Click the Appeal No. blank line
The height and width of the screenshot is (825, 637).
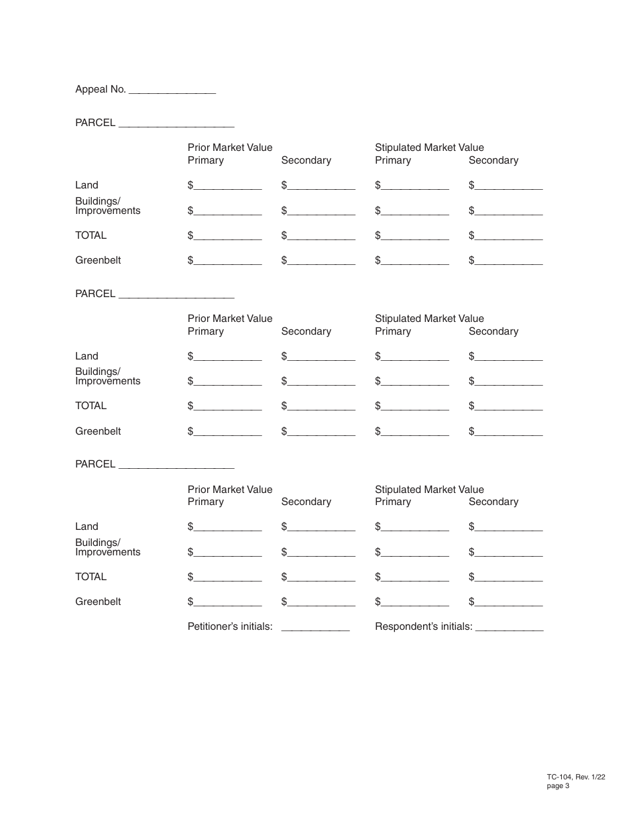point(172,91)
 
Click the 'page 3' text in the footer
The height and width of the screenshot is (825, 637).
point(558,786)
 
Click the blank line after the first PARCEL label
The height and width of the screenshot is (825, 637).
point(176,125)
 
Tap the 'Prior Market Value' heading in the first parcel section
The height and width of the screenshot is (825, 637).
point(230,148)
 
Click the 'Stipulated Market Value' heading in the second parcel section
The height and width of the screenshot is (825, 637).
point(429,319)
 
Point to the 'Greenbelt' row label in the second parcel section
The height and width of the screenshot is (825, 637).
point(98,431)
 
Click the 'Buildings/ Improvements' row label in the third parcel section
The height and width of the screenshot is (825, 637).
point(107,547)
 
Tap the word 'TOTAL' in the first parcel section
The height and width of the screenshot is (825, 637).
point(91,235)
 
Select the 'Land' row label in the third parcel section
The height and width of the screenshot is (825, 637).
point(86,527)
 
